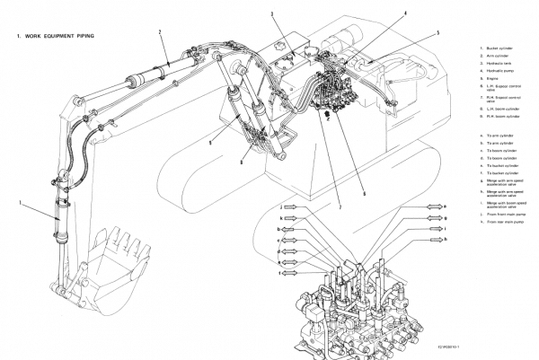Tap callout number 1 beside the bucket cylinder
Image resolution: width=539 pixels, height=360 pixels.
tap(19, 204)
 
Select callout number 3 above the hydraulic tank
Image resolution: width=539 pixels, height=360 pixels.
tap(271, 15)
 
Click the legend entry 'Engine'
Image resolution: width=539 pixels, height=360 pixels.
tap(489, 79)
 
